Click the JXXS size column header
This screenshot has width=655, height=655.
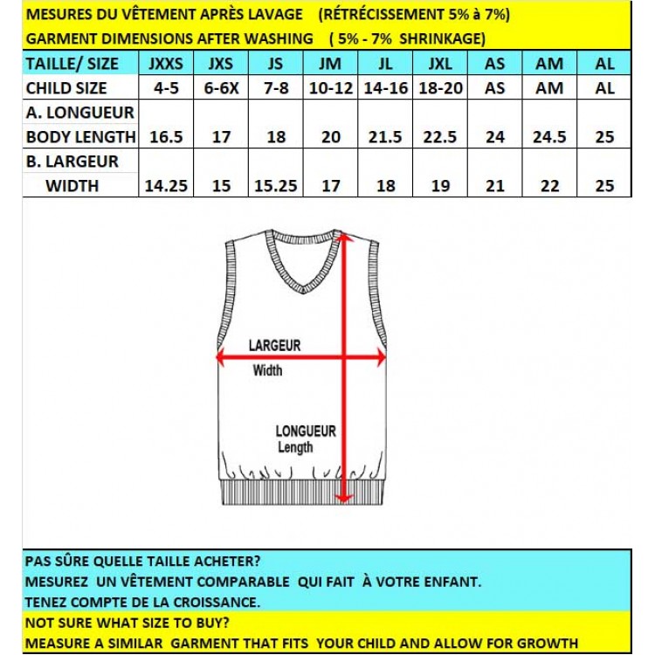point(166,64)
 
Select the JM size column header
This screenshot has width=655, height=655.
point(330,64)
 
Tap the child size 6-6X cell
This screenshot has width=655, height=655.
point(220,88)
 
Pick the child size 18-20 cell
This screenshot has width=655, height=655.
point(440,88)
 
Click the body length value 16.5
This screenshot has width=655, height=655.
point(166,137)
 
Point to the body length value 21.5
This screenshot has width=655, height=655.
point(385,137)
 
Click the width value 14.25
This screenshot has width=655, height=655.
point(166,185)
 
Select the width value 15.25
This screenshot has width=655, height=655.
point(275,185)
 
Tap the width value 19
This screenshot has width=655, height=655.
point(440,185)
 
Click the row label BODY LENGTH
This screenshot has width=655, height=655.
point(80,137)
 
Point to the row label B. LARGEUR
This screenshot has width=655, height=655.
point(72,162)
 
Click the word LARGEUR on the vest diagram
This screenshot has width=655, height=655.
point(274,346)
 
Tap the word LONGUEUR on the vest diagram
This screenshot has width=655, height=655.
point(306,431)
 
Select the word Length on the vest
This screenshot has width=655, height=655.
point(295,448)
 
